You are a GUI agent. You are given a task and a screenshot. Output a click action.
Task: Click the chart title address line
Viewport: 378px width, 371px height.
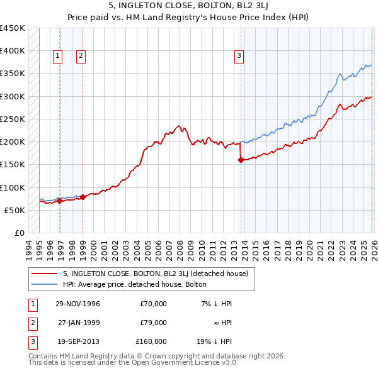(x=188, y=7)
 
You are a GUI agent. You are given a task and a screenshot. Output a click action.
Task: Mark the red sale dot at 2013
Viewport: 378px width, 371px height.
(x=241, y=160)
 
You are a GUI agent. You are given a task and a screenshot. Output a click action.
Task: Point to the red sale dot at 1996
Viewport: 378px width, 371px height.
(x=60, y=201)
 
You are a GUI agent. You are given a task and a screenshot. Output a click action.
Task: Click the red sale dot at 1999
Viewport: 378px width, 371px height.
(x=83, y=197)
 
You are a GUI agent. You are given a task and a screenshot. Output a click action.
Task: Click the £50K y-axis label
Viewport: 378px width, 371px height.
(x=15, y=210)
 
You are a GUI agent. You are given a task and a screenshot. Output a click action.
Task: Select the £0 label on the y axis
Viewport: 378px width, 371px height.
(x=20, y=233)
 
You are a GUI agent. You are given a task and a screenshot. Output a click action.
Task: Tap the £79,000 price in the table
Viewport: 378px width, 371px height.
(x=153, y=323)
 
